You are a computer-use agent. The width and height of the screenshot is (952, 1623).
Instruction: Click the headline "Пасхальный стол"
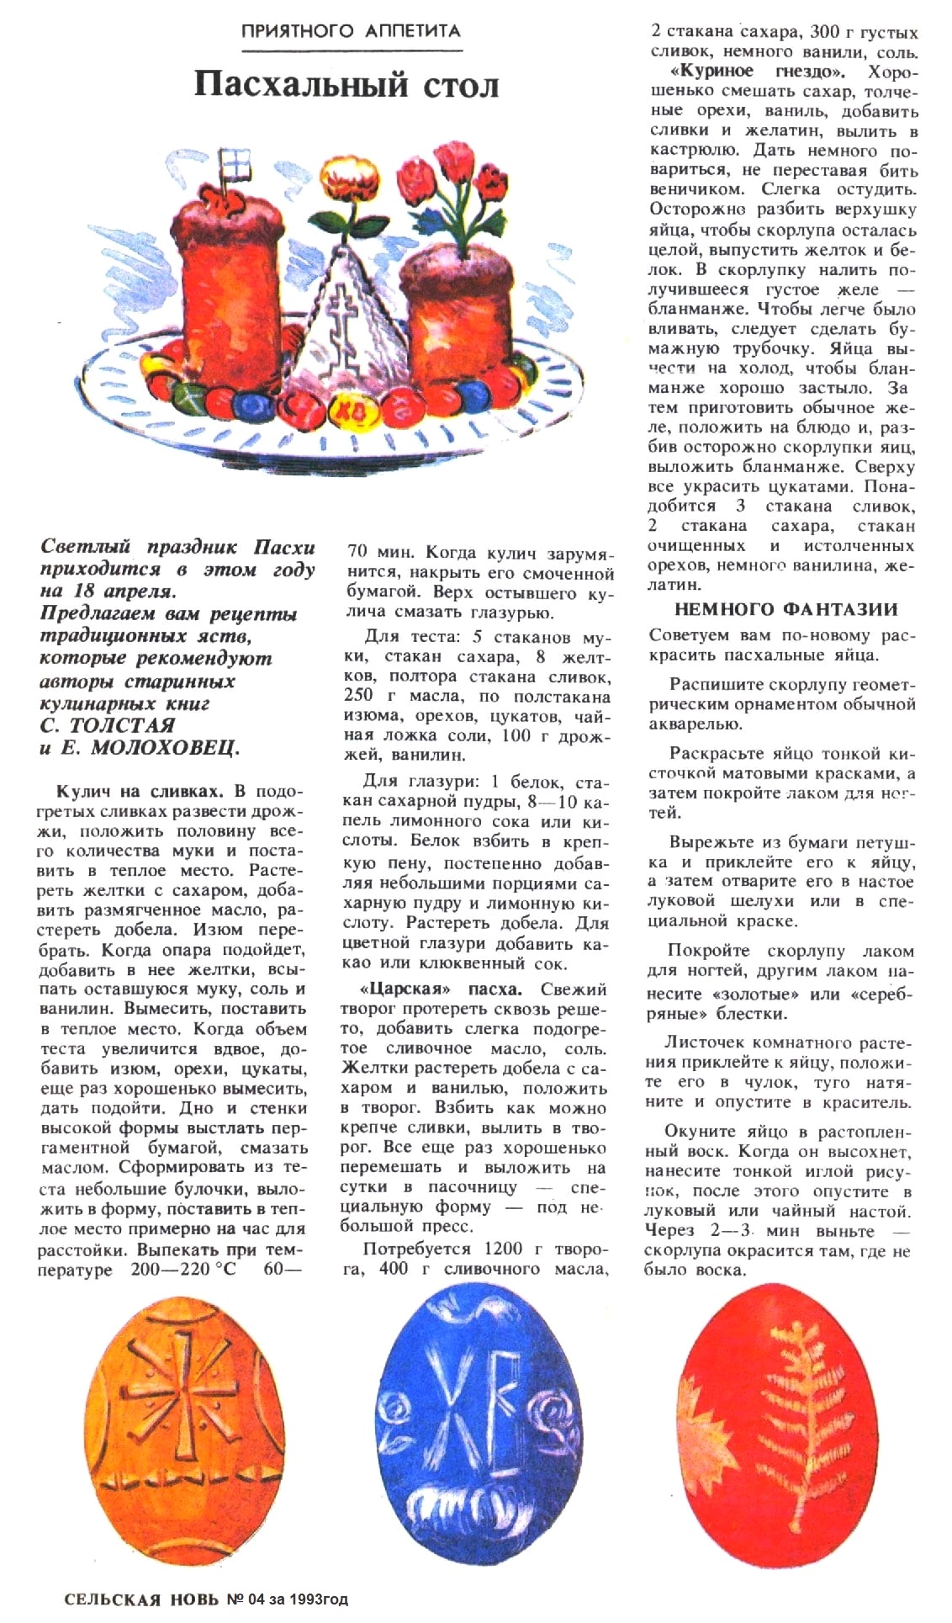coord(346,85)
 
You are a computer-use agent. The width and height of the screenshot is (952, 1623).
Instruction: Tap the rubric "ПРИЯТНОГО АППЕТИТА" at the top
coord(351,32)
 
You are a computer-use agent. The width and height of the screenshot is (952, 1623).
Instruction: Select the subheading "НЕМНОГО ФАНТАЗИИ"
coord(785,609)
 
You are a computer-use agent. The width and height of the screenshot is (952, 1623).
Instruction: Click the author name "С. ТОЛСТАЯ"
coord(108,725)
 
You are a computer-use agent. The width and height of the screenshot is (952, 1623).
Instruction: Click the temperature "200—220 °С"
coord(183,1270)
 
